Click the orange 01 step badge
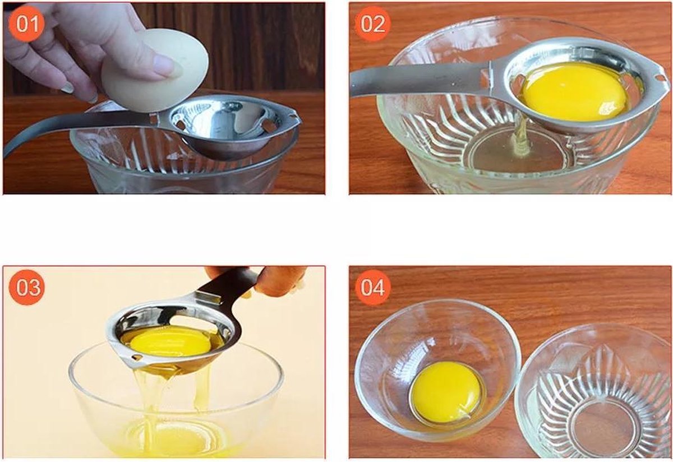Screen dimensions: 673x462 pos(27,24)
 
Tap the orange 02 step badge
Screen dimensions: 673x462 pos(372,24)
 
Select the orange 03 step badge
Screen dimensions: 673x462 pos(27,287)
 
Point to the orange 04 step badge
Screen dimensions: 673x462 pos(372,287)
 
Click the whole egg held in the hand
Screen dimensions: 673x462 pos(155,71)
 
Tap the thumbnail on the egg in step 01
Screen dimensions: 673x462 pos(164,64)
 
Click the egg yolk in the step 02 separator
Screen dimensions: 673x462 pos(574,91)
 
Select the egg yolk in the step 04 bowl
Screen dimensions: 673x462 pos(448,391)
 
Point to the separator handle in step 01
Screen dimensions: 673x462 pos(78,131)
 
